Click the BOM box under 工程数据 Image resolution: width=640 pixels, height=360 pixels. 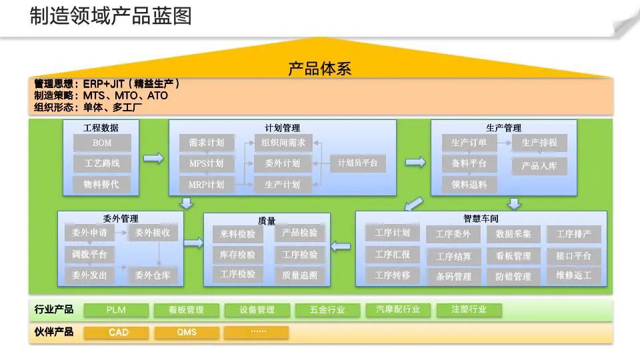pos(102,143)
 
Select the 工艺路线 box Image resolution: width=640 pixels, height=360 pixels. pos(102,163)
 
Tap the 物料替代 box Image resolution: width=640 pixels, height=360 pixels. pos(102,185)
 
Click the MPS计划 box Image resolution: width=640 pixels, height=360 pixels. pos(207,163)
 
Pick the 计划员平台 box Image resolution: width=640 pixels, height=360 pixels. pos(358,163)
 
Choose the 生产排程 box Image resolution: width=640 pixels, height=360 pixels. pos(539,143)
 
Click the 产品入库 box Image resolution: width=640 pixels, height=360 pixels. pos(539,166)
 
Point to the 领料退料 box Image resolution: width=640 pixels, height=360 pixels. pos(469,185)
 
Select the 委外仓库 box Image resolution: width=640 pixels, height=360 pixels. pos(153,275)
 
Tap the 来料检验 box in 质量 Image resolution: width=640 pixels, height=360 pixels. pos(238,234)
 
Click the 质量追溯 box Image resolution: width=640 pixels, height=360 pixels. pos(300,275)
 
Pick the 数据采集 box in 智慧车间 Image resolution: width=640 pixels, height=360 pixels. pos(513,234)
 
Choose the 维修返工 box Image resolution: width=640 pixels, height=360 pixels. pos(573,275)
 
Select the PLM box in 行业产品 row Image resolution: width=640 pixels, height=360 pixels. pos(116,310)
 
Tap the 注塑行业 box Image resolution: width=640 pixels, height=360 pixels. pos(469,310)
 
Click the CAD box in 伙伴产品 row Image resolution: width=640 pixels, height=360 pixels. pos(119,332)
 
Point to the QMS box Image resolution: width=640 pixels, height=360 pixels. pos(187,332)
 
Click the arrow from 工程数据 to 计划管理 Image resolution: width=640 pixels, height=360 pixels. pos(153,158)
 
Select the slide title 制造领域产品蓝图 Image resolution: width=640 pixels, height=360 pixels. pos(111,15)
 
